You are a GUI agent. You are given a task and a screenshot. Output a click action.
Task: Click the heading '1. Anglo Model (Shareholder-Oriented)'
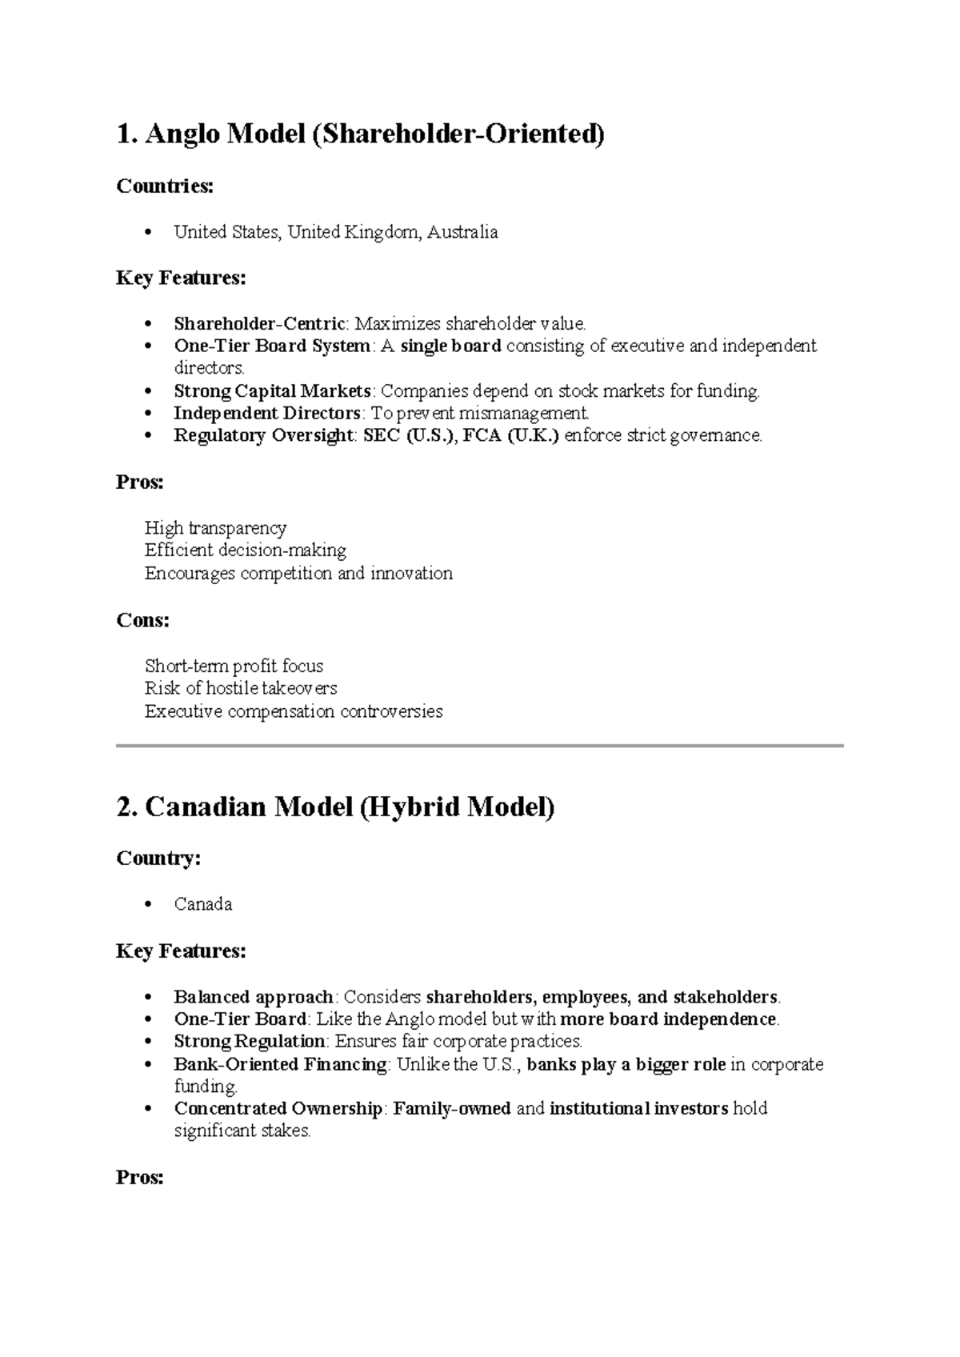[x=360, y=134]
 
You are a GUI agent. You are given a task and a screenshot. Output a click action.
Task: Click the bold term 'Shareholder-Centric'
[x=260, y=324]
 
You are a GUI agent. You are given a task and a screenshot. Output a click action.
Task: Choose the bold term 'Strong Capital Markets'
[x=272, y=391]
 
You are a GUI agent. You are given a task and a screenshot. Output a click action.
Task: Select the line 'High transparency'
[x=215, y=528]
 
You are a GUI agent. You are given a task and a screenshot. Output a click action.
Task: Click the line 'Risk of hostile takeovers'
[x=241, y=688]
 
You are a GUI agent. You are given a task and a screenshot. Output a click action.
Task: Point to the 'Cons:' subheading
[x=142, y=620]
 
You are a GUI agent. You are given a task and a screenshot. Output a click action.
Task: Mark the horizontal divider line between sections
[x=480, y=746]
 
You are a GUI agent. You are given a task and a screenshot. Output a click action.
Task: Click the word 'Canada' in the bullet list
[x=203, y=904]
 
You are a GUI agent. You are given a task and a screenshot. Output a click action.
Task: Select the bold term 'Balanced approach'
[x=254, y=997]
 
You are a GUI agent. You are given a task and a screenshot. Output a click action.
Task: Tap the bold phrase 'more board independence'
[x=669, y=1019]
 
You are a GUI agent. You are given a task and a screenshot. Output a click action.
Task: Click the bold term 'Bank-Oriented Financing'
[x=280, y=1064]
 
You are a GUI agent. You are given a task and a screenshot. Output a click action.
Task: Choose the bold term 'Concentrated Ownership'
[x=278, y=1109]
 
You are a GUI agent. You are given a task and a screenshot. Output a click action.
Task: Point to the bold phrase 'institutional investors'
[x=638, y=1109]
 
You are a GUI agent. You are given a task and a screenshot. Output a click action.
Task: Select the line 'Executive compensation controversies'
[x=294, y=711]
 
